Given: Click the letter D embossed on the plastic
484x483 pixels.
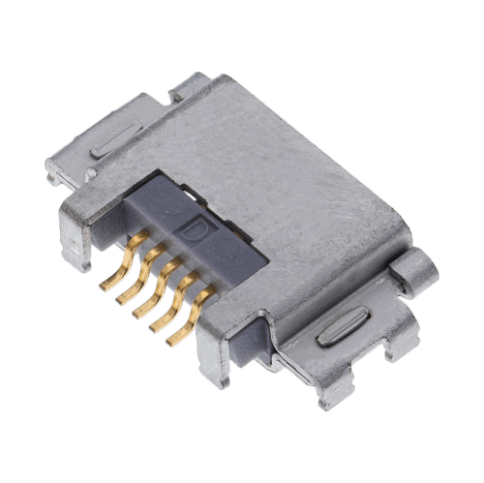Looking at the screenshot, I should [x=197, y=230].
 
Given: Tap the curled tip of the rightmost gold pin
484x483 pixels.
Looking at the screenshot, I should [x=173, y=342].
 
